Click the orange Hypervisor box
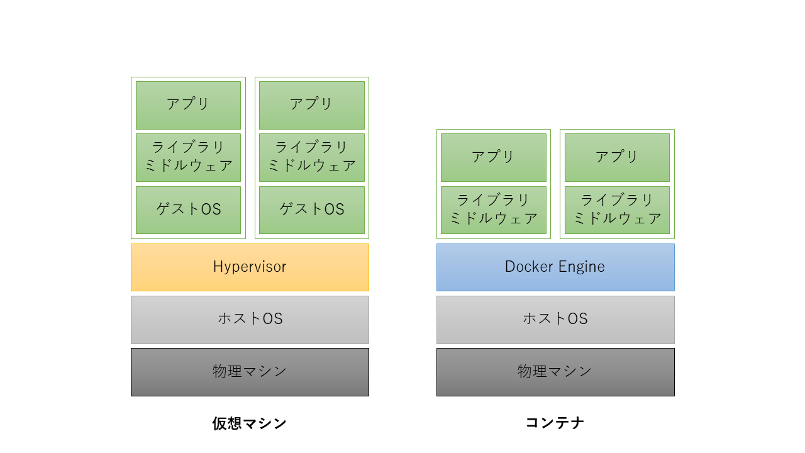(250, 267)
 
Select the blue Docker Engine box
(555, 267)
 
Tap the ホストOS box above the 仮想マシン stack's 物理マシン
(250, 319)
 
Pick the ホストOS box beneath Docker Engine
(555, 319)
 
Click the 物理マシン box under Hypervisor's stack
(250, 371)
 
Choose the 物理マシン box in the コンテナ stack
(555, 371)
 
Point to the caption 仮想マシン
(250, 423)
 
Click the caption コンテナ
(555, 422)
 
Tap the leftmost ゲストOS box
(188, 210)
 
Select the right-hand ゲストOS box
(311, 210)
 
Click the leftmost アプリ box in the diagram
(188, 104)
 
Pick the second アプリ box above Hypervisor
(311, 104)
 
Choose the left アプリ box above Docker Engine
(494, 157)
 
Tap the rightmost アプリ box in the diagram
(617, 157)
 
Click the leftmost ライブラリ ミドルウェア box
(188, 157)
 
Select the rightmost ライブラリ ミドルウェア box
(617, 210)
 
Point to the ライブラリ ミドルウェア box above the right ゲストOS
(311, 157)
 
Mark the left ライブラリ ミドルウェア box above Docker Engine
(494, 210)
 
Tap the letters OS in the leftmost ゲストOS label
(211, 210)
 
